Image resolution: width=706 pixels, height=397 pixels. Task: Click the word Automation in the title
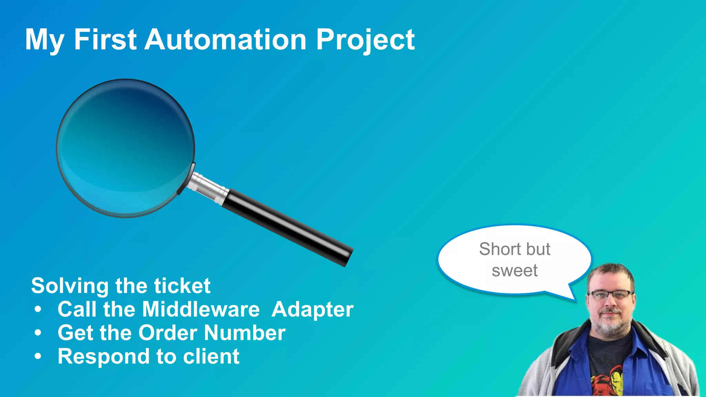tap(225, 40)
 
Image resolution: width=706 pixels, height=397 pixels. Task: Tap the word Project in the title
tap(365, 40)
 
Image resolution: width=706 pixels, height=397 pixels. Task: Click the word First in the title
tap(105, 40)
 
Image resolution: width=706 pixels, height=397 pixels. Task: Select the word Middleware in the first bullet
tap(201, 309)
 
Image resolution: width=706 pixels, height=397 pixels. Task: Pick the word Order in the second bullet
tap(168, 333)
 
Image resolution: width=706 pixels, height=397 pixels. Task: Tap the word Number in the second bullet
tap(245, 333)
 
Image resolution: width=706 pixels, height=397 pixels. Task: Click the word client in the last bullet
tap(211, 356)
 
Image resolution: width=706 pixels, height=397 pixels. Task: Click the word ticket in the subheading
tap(182, 286)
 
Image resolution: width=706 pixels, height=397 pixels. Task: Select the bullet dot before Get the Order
tap(38, 333)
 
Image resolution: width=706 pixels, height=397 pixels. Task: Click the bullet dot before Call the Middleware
tap(38, 309)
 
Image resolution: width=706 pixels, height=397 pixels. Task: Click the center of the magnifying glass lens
tap(126, 148)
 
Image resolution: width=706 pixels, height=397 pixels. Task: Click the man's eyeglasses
tap(611, 295)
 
